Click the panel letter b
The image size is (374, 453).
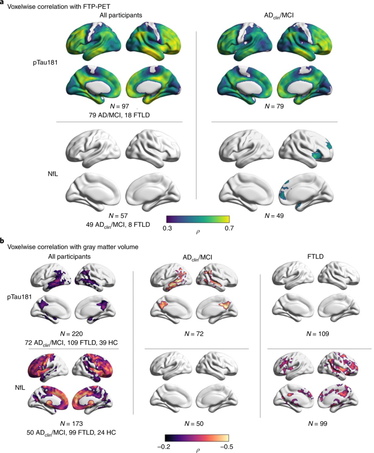tap(3, 240)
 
